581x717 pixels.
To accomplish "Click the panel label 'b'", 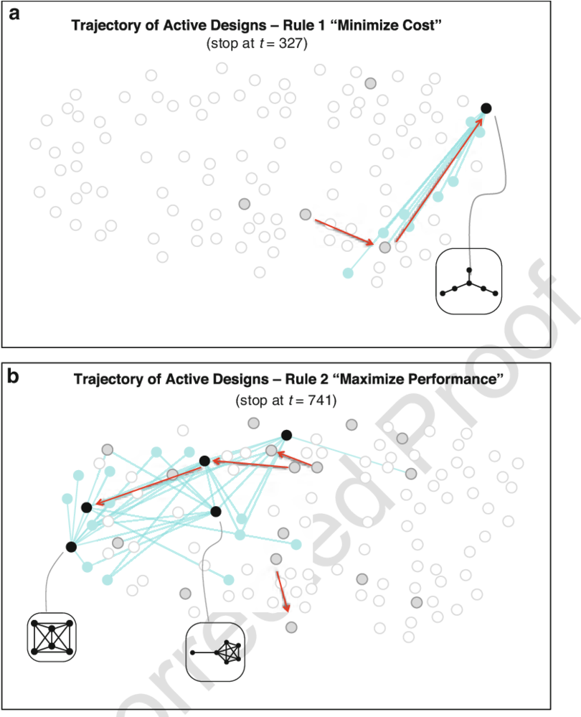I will click(14, 375).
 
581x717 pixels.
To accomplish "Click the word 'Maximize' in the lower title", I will click(362, 379).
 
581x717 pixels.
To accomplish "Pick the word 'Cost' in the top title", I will click(425, 26).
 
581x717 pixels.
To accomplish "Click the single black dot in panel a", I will click(486, 108).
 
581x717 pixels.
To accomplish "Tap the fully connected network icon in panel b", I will click(51, 637).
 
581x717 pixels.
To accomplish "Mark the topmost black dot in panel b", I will click(286, 434).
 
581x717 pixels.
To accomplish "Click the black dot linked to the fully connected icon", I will click(71, 547).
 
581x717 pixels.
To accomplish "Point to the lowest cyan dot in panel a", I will click(348, 273).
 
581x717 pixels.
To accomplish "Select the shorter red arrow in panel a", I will click(345, 230).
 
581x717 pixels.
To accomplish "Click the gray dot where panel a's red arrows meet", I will click(385, 248).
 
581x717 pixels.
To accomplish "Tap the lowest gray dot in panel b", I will click(290, 627).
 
